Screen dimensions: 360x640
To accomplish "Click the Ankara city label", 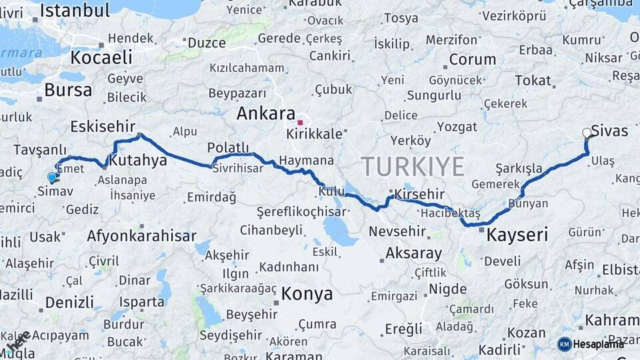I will [265, 114].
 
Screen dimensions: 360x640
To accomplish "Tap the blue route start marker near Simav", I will [52, 177].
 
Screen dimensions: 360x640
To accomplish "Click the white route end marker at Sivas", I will [587, 133].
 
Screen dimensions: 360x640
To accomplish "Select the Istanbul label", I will [75, 10].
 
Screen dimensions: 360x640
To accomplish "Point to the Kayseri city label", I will [517, 235].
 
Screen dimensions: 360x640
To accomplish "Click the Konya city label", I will [307, 293].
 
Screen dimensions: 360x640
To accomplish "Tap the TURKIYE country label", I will [413, 166].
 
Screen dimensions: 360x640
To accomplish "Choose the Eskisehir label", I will [103, 126].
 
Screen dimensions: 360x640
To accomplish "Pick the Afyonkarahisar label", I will [141, 236].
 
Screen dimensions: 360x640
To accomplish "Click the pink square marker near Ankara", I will [300, 123].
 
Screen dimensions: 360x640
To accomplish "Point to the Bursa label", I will [68, 90].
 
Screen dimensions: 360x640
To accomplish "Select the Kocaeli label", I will [101, 57].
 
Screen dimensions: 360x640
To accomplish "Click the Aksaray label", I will [413, 253].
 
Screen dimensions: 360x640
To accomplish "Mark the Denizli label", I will [69, 302].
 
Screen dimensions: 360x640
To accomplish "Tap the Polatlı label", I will [228, 147].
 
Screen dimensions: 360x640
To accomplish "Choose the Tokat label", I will [533, 81].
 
